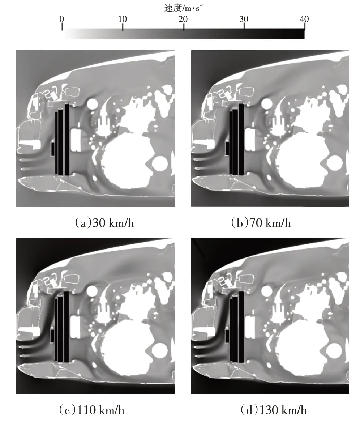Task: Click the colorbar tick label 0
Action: click(62, 19)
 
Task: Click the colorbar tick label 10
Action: click(123, 19)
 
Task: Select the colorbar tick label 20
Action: click(183, 19)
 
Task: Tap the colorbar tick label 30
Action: click(244, 19)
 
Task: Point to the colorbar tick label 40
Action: click(304, 19)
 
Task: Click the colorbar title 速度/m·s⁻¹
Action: click(184, 8)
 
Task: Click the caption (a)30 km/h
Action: click(104, 223)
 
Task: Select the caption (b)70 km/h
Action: click(261, 223)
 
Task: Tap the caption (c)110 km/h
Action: click(91, 410)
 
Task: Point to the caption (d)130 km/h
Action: click(273, 410)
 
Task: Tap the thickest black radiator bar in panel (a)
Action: click(67, 140)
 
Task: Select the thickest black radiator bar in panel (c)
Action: click(67, 327)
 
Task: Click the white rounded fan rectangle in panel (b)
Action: click(250, 140)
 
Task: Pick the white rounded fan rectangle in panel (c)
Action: click(75, 327)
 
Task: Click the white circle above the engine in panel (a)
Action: click(92, 104)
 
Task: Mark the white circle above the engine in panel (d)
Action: click(267, 291)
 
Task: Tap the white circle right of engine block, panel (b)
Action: click(334, 164)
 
